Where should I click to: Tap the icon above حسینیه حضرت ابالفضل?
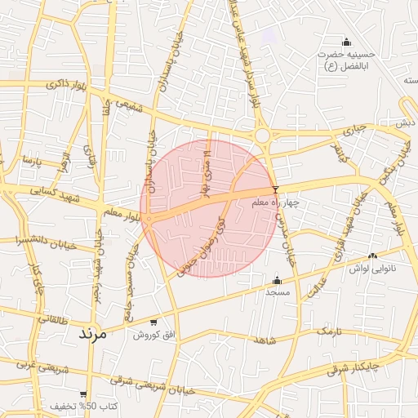coord(346,42)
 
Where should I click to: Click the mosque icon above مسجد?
coord(276,280)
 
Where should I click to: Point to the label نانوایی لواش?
coord(372,268)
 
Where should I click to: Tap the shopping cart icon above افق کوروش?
coord(153,322)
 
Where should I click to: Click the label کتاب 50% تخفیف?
coord(85,406)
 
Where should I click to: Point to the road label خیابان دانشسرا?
coord(46,242)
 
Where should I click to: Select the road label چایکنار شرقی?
coord(354,368)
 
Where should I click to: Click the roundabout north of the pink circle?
coord(262,136)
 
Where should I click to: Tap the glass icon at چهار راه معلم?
coord(275,189)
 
